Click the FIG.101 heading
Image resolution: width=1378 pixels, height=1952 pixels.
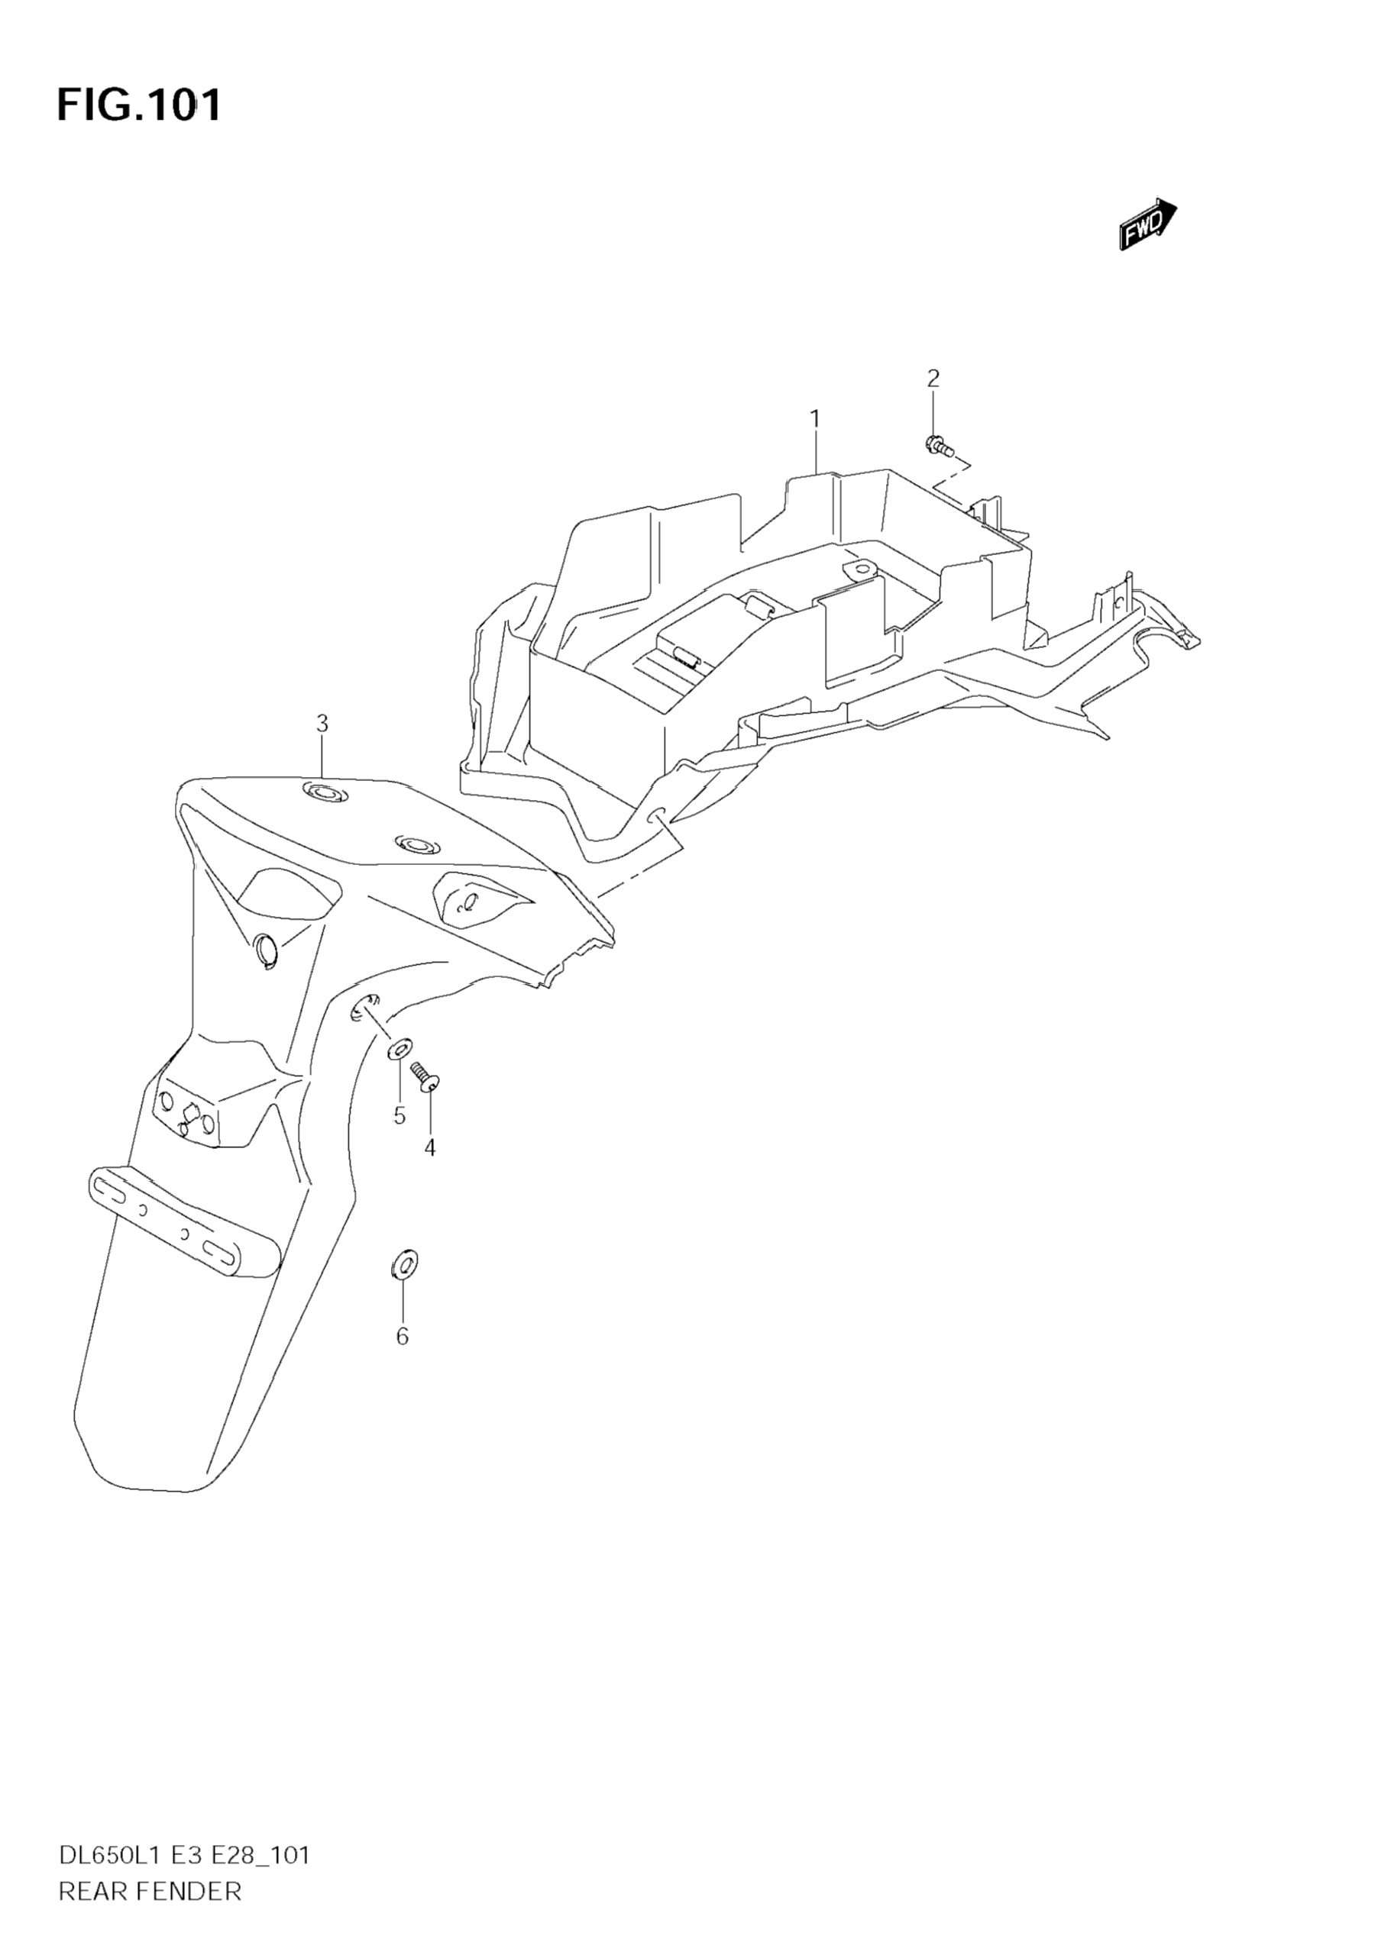tap(139, 105)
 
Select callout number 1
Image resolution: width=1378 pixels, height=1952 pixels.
tap(814, 418)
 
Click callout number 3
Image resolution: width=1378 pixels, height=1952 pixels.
tap(322, 724)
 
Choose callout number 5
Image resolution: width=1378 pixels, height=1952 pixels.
tap(399, 1115)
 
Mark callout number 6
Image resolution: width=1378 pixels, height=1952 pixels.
tap(403, 1337)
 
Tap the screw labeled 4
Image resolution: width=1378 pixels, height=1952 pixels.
tap(425, 1076)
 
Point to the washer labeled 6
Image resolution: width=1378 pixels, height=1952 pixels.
tap(404, 1264)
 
